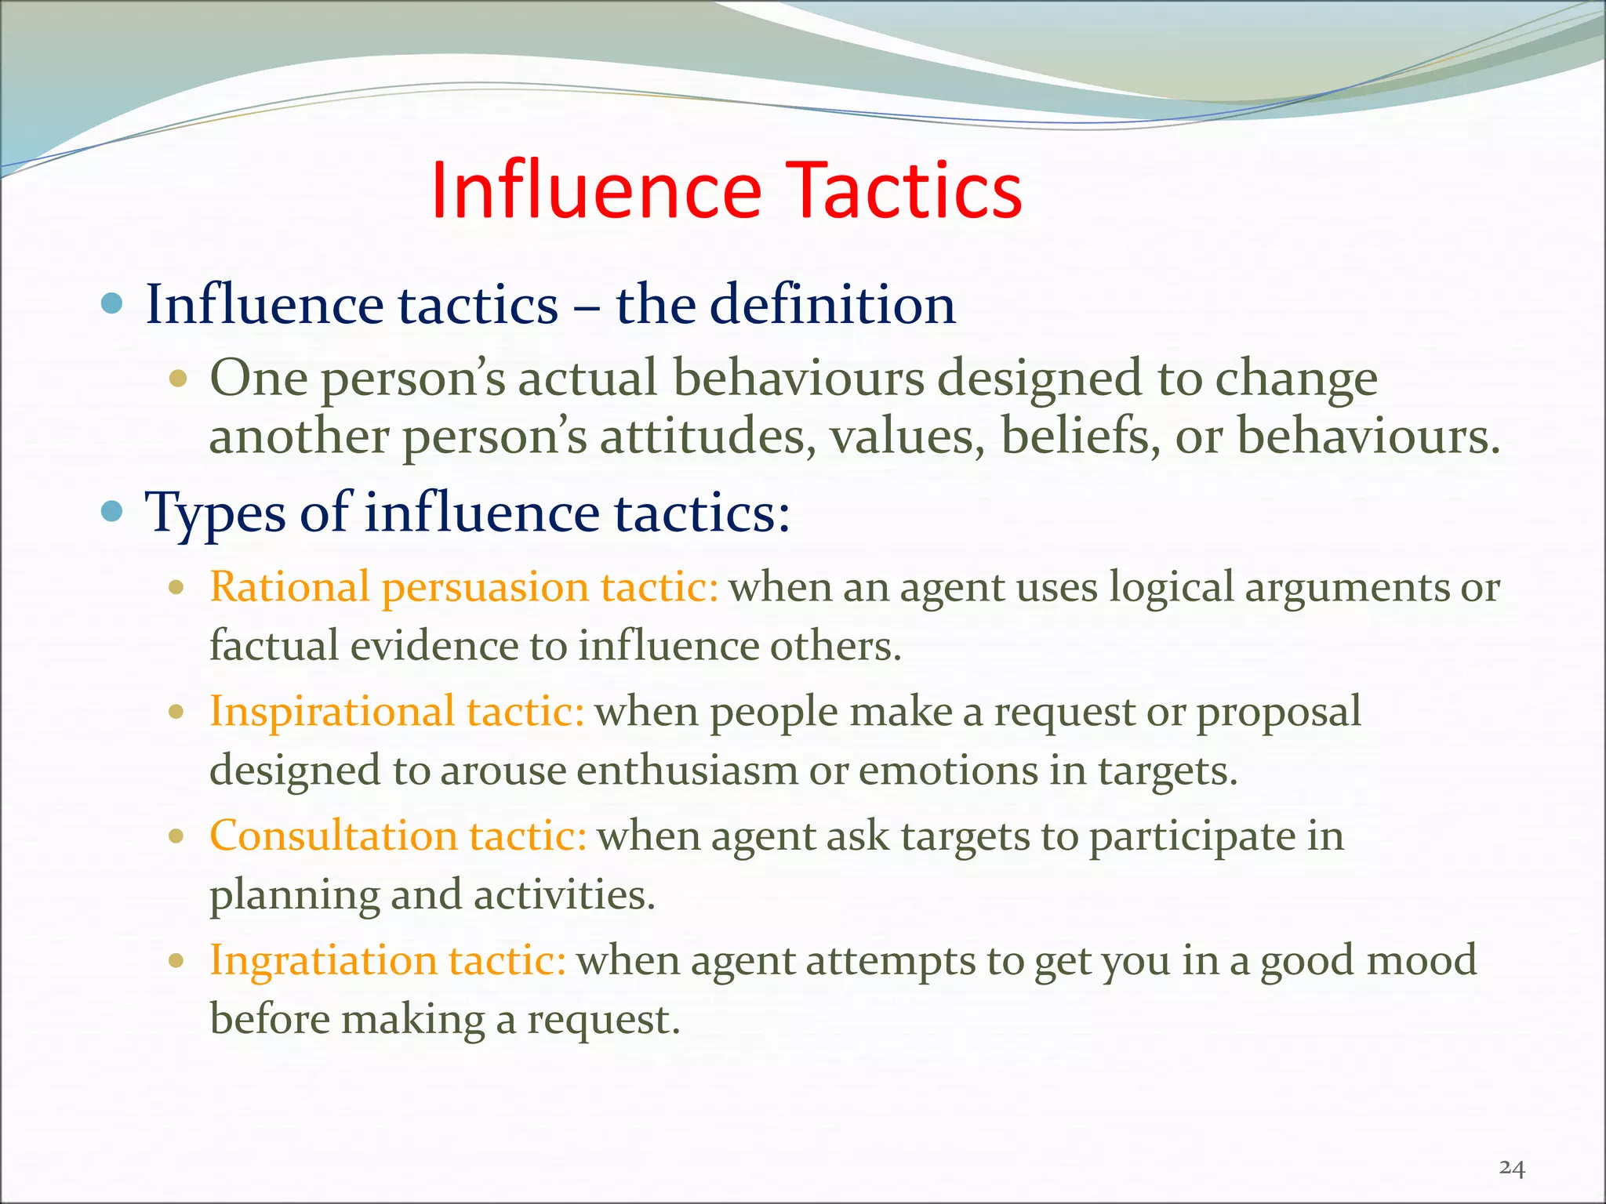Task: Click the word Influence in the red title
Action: point(596,190)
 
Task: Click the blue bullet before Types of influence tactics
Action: point(113,513)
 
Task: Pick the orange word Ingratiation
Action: point(323,959)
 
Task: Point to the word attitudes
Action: point(702,437)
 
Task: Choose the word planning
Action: point(294,896)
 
